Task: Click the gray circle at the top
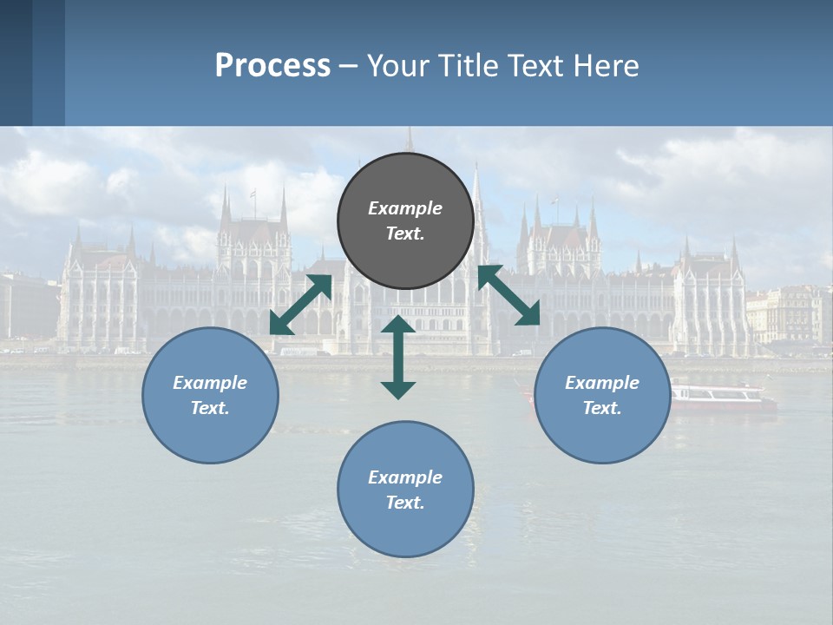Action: tap(405, 220)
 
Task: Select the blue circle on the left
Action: tap(210, 395)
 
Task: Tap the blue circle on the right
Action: tap(602, 395)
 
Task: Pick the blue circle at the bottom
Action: tap(405, 490)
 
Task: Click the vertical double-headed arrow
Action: tap(398, 357)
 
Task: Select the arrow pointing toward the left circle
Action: tap(300, 305)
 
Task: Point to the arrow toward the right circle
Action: tap(508, 295)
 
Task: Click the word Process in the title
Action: tap(272, 65)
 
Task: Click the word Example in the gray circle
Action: tap(405, 208)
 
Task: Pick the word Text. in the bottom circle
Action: tap(405, 503)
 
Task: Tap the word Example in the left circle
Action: tap(210, 383)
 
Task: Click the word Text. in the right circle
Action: tap(602, 408)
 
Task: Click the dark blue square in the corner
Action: tap(16, 62)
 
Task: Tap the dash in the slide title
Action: tap(348, 65)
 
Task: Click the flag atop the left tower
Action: tap(253, 195)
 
